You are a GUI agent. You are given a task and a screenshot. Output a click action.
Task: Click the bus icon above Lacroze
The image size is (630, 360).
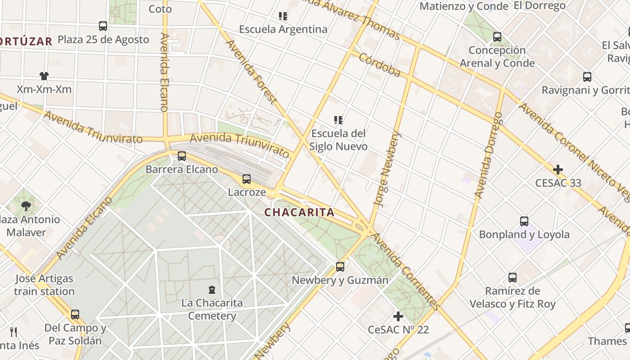247,179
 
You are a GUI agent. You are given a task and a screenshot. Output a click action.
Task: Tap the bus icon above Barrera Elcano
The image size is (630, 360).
182,156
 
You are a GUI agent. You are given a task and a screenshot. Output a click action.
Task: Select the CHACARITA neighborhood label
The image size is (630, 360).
300,212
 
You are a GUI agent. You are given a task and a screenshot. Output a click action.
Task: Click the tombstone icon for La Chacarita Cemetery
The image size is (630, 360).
212,289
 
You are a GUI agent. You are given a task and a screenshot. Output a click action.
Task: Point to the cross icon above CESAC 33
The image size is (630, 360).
558,170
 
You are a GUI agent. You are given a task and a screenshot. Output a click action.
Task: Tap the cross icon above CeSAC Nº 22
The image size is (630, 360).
398,316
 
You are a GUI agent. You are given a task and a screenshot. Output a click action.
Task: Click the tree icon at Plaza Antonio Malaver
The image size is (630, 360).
26,206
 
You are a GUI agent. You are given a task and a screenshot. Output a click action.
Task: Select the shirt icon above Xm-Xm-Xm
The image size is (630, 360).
44,76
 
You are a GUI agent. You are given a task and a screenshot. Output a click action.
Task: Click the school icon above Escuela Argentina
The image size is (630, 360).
283,16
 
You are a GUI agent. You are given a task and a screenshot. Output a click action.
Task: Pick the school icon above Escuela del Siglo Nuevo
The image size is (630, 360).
338,120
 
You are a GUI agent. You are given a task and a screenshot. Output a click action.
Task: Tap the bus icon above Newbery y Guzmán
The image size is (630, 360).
340,267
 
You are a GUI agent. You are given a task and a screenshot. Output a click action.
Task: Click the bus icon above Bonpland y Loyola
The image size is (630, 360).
524,221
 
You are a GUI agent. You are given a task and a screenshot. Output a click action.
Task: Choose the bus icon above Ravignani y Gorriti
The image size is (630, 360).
587,77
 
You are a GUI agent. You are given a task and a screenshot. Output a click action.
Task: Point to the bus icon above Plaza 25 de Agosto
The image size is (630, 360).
103,26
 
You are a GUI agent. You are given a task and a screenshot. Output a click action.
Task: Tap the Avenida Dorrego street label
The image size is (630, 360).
488,155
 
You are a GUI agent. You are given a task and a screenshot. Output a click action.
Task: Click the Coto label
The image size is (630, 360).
160,9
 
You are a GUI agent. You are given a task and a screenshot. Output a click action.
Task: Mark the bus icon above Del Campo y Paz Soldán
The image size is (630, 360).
75,314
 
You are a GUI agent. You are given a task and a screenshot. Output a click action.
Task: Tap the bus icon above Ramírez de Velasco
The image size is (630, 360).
513,277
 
